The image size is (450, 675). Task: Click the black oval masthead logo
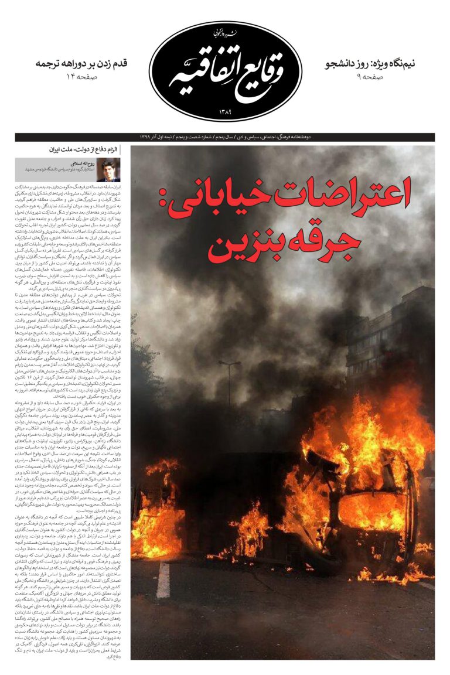pyautogui.click(x=226, y=70)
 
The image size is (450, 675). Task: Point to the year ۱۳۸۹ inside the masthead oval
pyautogui.click(x=226, y=111)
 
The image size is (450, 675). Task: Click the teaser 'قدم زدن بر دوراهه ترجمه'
pyautogui.click(x=81, y=63)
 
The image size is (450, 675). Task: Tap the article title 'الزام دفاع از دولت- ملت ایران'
pyautogui.click(x=84, y=151)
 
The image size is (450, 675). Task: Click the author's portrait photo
pyautogui.click(x=108, y=169)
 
